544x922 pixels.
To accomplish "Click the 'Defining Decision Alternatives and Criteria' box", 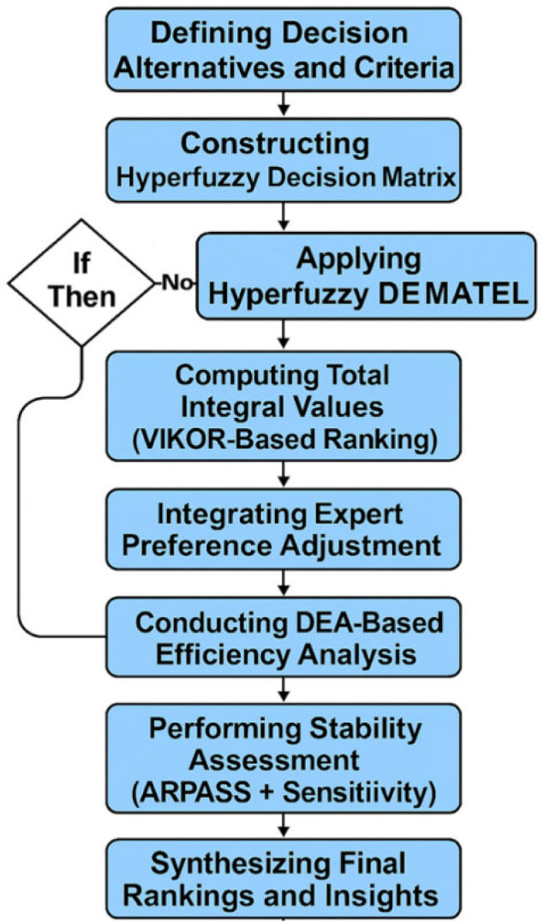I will pyautogui.click(x=282, y=50).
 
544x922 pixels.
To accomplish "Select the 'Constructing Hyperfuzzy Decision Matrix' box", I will pyautogui.click(x=282, y=159).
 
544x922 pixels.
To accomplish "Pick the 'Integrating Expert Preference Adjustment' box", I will pyautogui.click(x=282, y=529).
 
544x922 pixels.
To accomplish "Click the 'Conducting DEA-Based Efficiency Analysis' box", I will pyautogui.click(x=282, y=637).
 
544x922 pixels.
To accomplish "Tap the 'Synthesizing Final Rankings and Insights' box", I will pyautogui.click(x=282, y=881).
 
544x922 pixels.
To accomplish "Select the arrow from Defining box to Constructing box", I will pyautogui.click(x=282, y=102).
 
